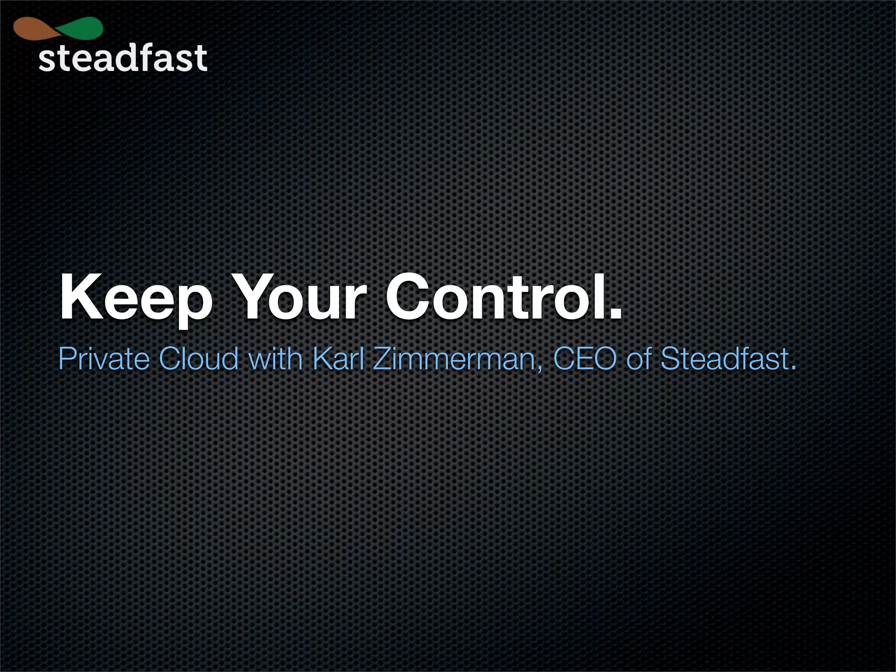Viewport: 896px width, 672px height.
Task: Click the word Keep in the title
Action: [136, 297]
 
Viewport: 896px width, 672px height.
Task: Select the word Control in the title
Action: [494, 297]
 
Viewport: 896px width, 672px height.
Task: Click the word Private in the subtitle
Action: [104, 359]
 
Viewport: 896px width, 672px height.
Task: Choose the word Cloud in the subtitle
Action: [199, 359]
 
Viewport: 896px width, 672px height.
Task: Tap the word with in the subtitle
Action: [275, 359]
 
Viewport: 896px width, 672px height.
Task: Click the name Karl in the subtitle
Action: [339, 359]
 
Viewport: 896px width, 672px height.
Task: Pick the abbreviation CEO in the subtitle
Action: [584, 359]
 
